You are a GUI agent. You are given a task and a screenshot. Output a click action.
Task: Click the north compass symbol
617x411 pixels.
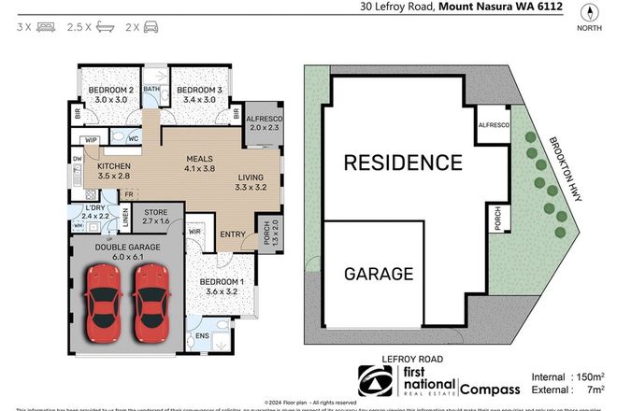point(589,13)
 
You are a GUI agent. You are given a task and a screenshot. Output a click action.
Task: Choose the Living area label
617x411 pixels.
point(250,177)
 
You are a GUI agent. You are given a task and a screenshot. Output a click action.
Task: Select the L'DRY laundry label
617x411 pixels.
point(93,207)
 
